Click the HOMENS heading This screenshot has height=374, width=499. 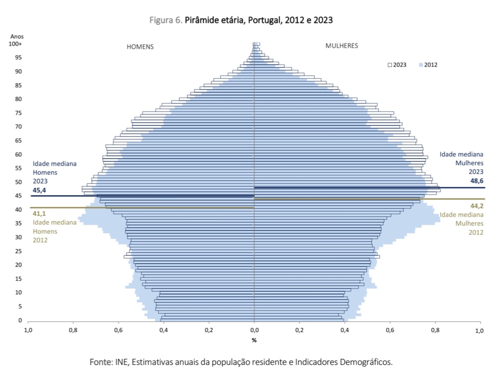tap(140, 47)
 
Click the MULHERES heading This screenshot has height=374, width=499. tap(341, 46)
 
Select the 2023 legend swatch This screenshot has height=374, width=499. tap(390, 65)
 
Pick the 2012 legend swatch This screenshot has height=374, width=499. tap(421, 65)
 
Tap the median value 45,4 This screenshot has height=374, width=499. tap(39, 190)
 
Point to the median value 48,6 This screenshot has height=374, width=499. tap(477, 181)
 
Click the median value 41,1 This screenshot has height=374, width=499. tap(39, 214)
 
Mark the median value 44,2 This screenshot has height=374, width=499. tap(477, 206)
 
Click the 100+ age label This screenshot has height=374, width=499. tap(15, 44)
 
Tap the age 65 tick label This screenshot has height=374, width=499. tap(18, 141)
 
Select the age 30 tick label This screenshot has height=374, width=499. tap(18, 237)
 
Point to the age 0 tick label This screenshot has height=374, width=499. tap(20, 320)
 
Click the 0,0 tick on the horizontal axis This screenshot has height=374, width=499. tap(254, 330)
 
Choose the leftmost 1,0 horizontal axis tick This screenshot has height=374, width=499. tap(28, 330)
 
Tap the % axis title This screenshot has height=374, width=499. tap(254, 340)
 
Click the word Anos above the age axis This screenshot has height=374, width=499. tap(17, 36)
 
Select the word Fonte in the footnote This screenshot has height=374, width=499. tap(100, 362)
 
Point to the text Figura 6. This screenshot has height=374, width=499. tap(166, 20)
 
